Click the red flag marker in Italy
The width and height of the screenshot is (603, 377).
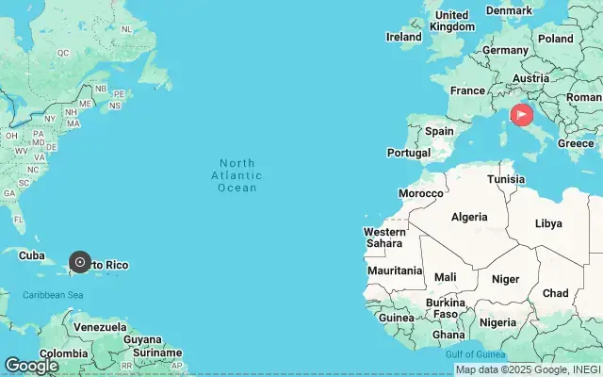521,115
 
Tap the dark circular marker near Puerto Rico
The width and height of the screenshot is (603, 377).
80,262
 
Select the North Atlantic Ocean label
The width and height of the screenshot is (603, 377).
236,175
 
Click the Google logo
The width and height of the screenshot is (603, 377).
31,366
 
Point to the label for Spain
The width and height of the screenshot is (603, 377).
439,132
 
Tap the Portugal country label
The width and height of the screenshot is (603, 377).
409,153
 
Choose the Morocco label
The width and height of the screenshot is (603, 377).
420,193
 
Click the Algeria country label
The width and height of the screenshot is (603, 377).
469,217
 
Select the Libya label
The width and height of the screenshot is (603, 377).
548,223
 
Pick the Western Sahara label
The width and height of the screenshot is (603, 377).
384,238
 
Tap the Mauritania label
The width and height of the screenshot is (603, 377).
395,270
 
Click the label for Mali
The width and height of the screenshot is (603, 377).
446,277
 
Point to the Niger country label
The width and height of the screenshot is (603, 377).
505,279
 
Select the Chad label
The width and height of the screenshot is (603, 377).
555,293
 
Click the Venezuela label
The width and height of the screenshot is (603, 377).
100,327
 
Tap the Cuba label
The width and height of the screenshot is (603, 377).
32,255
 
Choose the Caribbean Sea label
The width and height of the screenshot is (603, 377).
53,295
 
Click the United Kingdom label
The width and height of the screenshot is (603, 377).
452,21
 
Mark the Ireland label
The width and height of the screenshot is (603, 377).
404,37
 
